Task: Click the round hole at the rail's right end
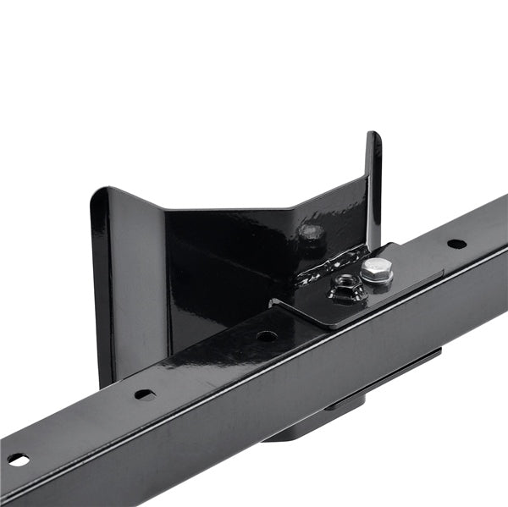click(456, 244)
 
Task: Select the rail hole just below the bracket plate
click(267, 336)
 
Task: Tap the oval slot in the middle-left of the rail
click(145, 394)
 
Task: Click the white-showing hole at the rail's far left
click(18, 460)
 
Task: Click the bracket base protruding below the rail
click(296, 427)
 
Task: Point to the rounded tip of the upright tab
click(373, 136)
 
